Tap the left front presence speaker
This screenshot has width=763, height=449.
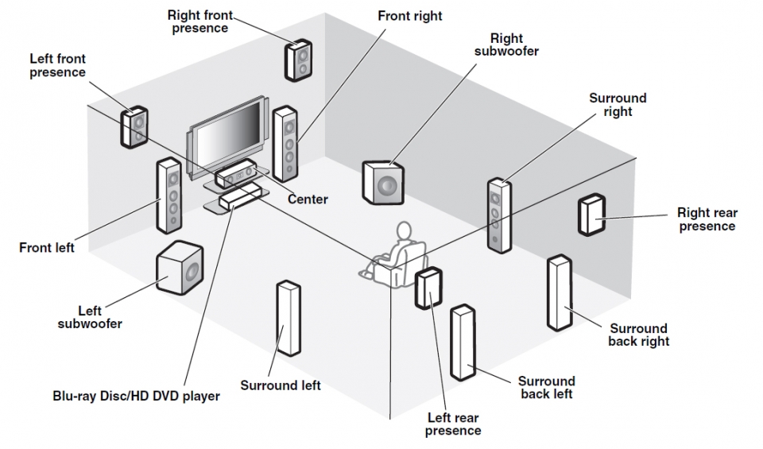pyautogui.click(x=135, y=126)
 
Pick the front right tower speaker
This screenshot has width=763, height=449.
pyautogui.click(x=285, y=143)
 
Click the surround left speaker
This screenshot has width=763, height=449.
pyautogui.click(x=288, y=318)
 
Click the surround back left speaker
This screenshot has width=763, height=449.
pyautogui.click(x=463, y=342)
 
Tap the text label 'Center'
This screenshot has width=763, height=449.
pyautogui.click(x=308, y=199)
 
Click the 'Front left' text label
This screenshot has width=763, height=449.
pyautogui.click(x=47, y=247)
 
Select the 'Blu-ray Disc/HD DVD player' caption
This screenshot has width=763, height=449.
pyautogui.click(x=136, y=395)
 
